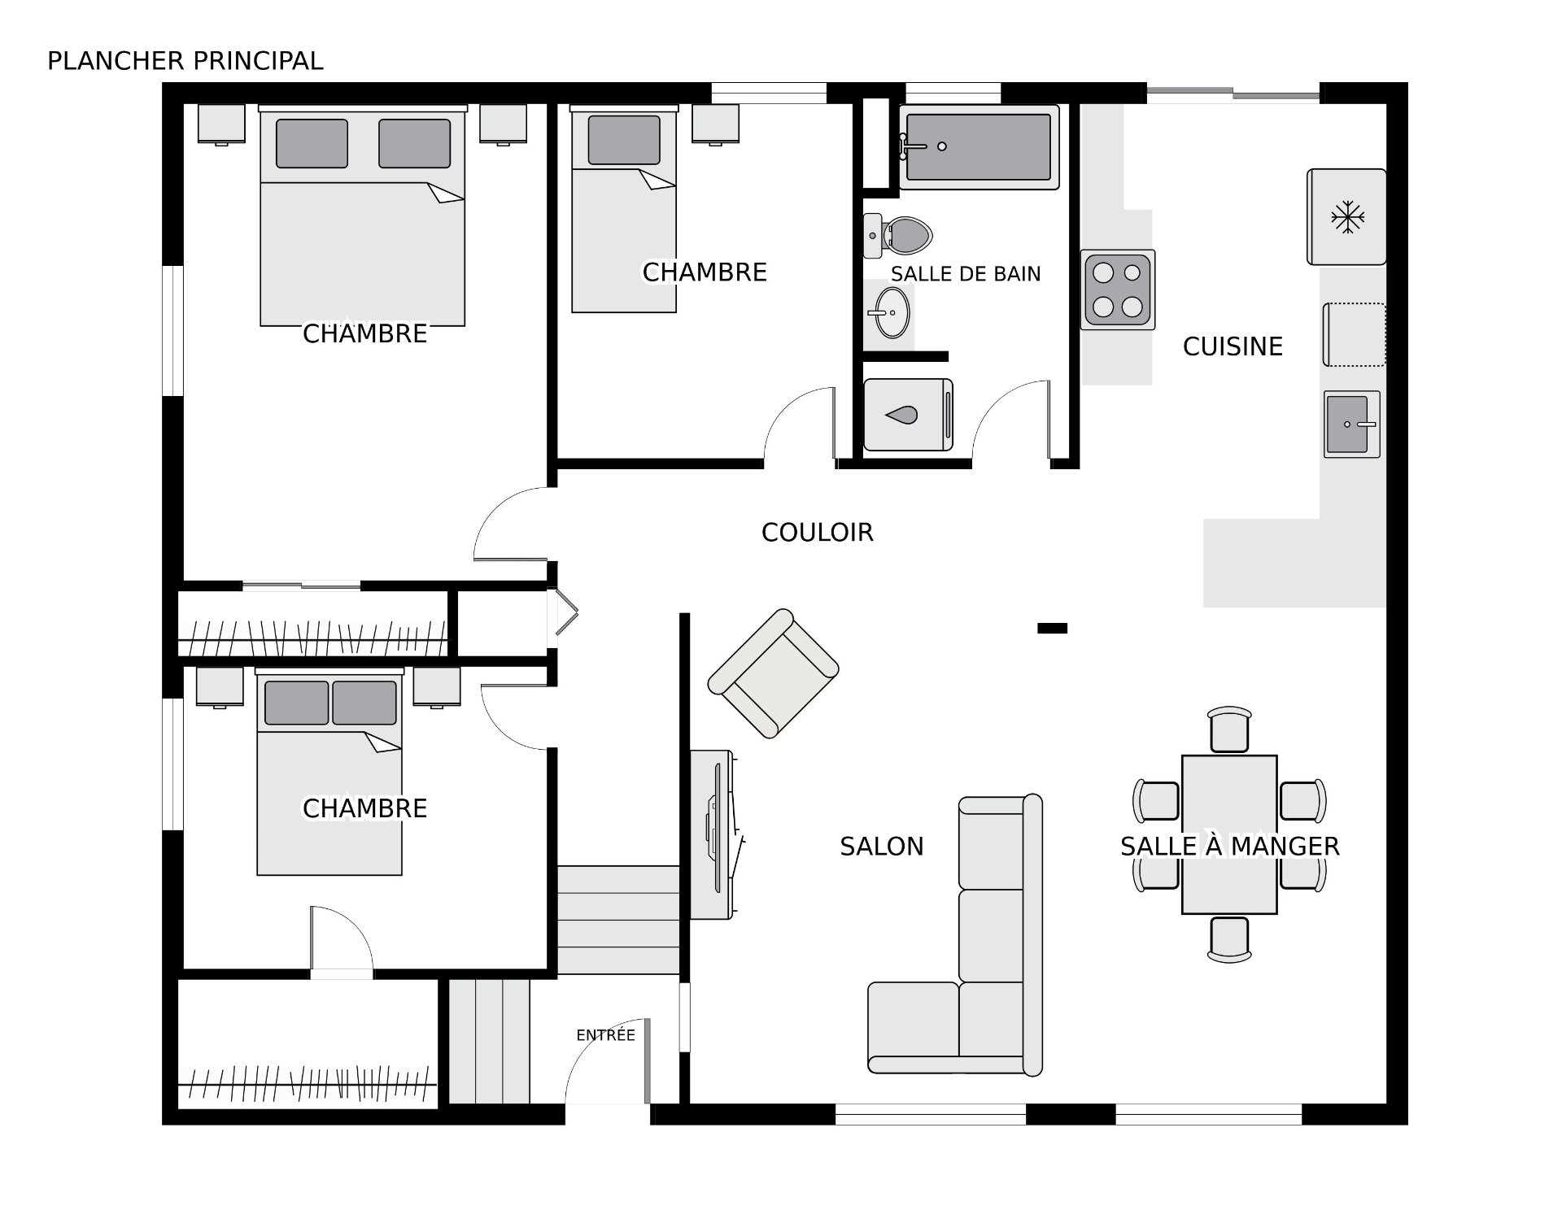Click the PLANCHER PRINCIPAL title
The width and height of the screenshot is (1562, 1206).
pyautogui.click(x=185, y=61)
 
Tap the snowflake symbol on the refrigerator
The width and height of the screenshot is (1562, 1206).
pyautogui.click(x=1347, y=217)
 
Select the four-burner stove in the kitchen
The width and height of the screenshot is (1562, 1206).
pyautogui.click(x=1118, y=290)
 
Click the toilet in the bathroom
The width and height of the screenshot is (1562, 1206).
pyautogui.click(x=897, y=235)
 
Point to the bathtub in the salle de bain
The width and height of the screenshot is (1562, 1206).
pyautogui.click(x=979, y=146)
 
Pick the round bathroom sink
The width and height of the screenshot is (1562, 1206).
pyautogui.click(x=888, y=312)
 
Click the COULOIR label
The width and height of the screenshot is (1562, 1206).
pyautogui.click(x=817, y=533)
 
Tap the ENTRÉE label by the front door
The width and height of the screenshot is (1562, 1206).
pyautogui.click(x=605, y=1035)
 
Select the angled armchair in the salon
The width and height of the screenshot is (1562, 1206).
pyautogui.click(x=773, y=673)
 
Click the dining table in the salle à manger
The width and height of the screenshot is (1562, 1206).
pyautogui.click(x=1229, y=834)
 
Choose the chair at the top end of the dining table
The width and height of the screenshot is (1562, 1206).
pyautogui.click(x=1229, y=729)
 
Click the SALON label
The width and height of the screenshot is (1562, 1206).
pyautogui.click(x=882, y=847)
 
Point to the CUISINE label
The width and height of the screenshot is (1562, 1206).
pyautogui.click(x=1233, y=346)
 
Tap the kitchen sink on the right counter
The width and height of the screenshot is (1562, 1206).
pyautogui.click(x=1352, y=424)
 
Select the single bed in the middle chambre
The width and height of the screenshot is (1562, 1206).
pyautogui.click(x=624, y=209)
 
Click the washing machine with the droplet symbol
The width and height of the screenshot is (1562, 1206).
pyautogui.click(x=908, y=415)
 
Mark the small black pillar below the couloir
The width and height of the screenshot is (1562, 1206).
pyautogui.click(x=1052, y=628)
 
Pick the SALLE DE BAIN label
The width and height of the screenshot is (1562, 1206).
pyautogui.click(x=966, y=274)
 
